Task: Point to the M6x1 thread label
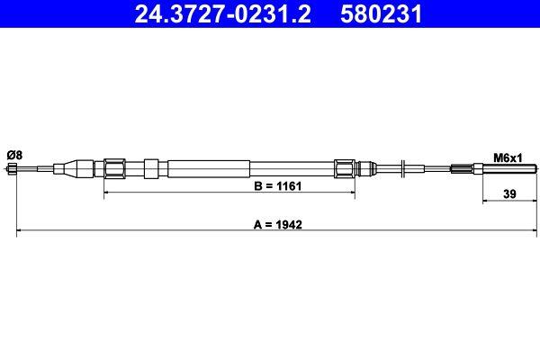click(x=508, y=157)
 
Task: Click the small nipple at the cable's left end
click(x=20, y=169)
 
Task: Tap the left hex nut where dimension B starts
click(x=114, y=168)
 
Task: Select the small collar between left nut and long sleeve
click(x=150, y=168)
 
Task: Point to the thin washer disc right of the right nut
click(x=406, y=168)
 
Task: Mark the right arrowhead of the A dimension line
click(x=535, y=234)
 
